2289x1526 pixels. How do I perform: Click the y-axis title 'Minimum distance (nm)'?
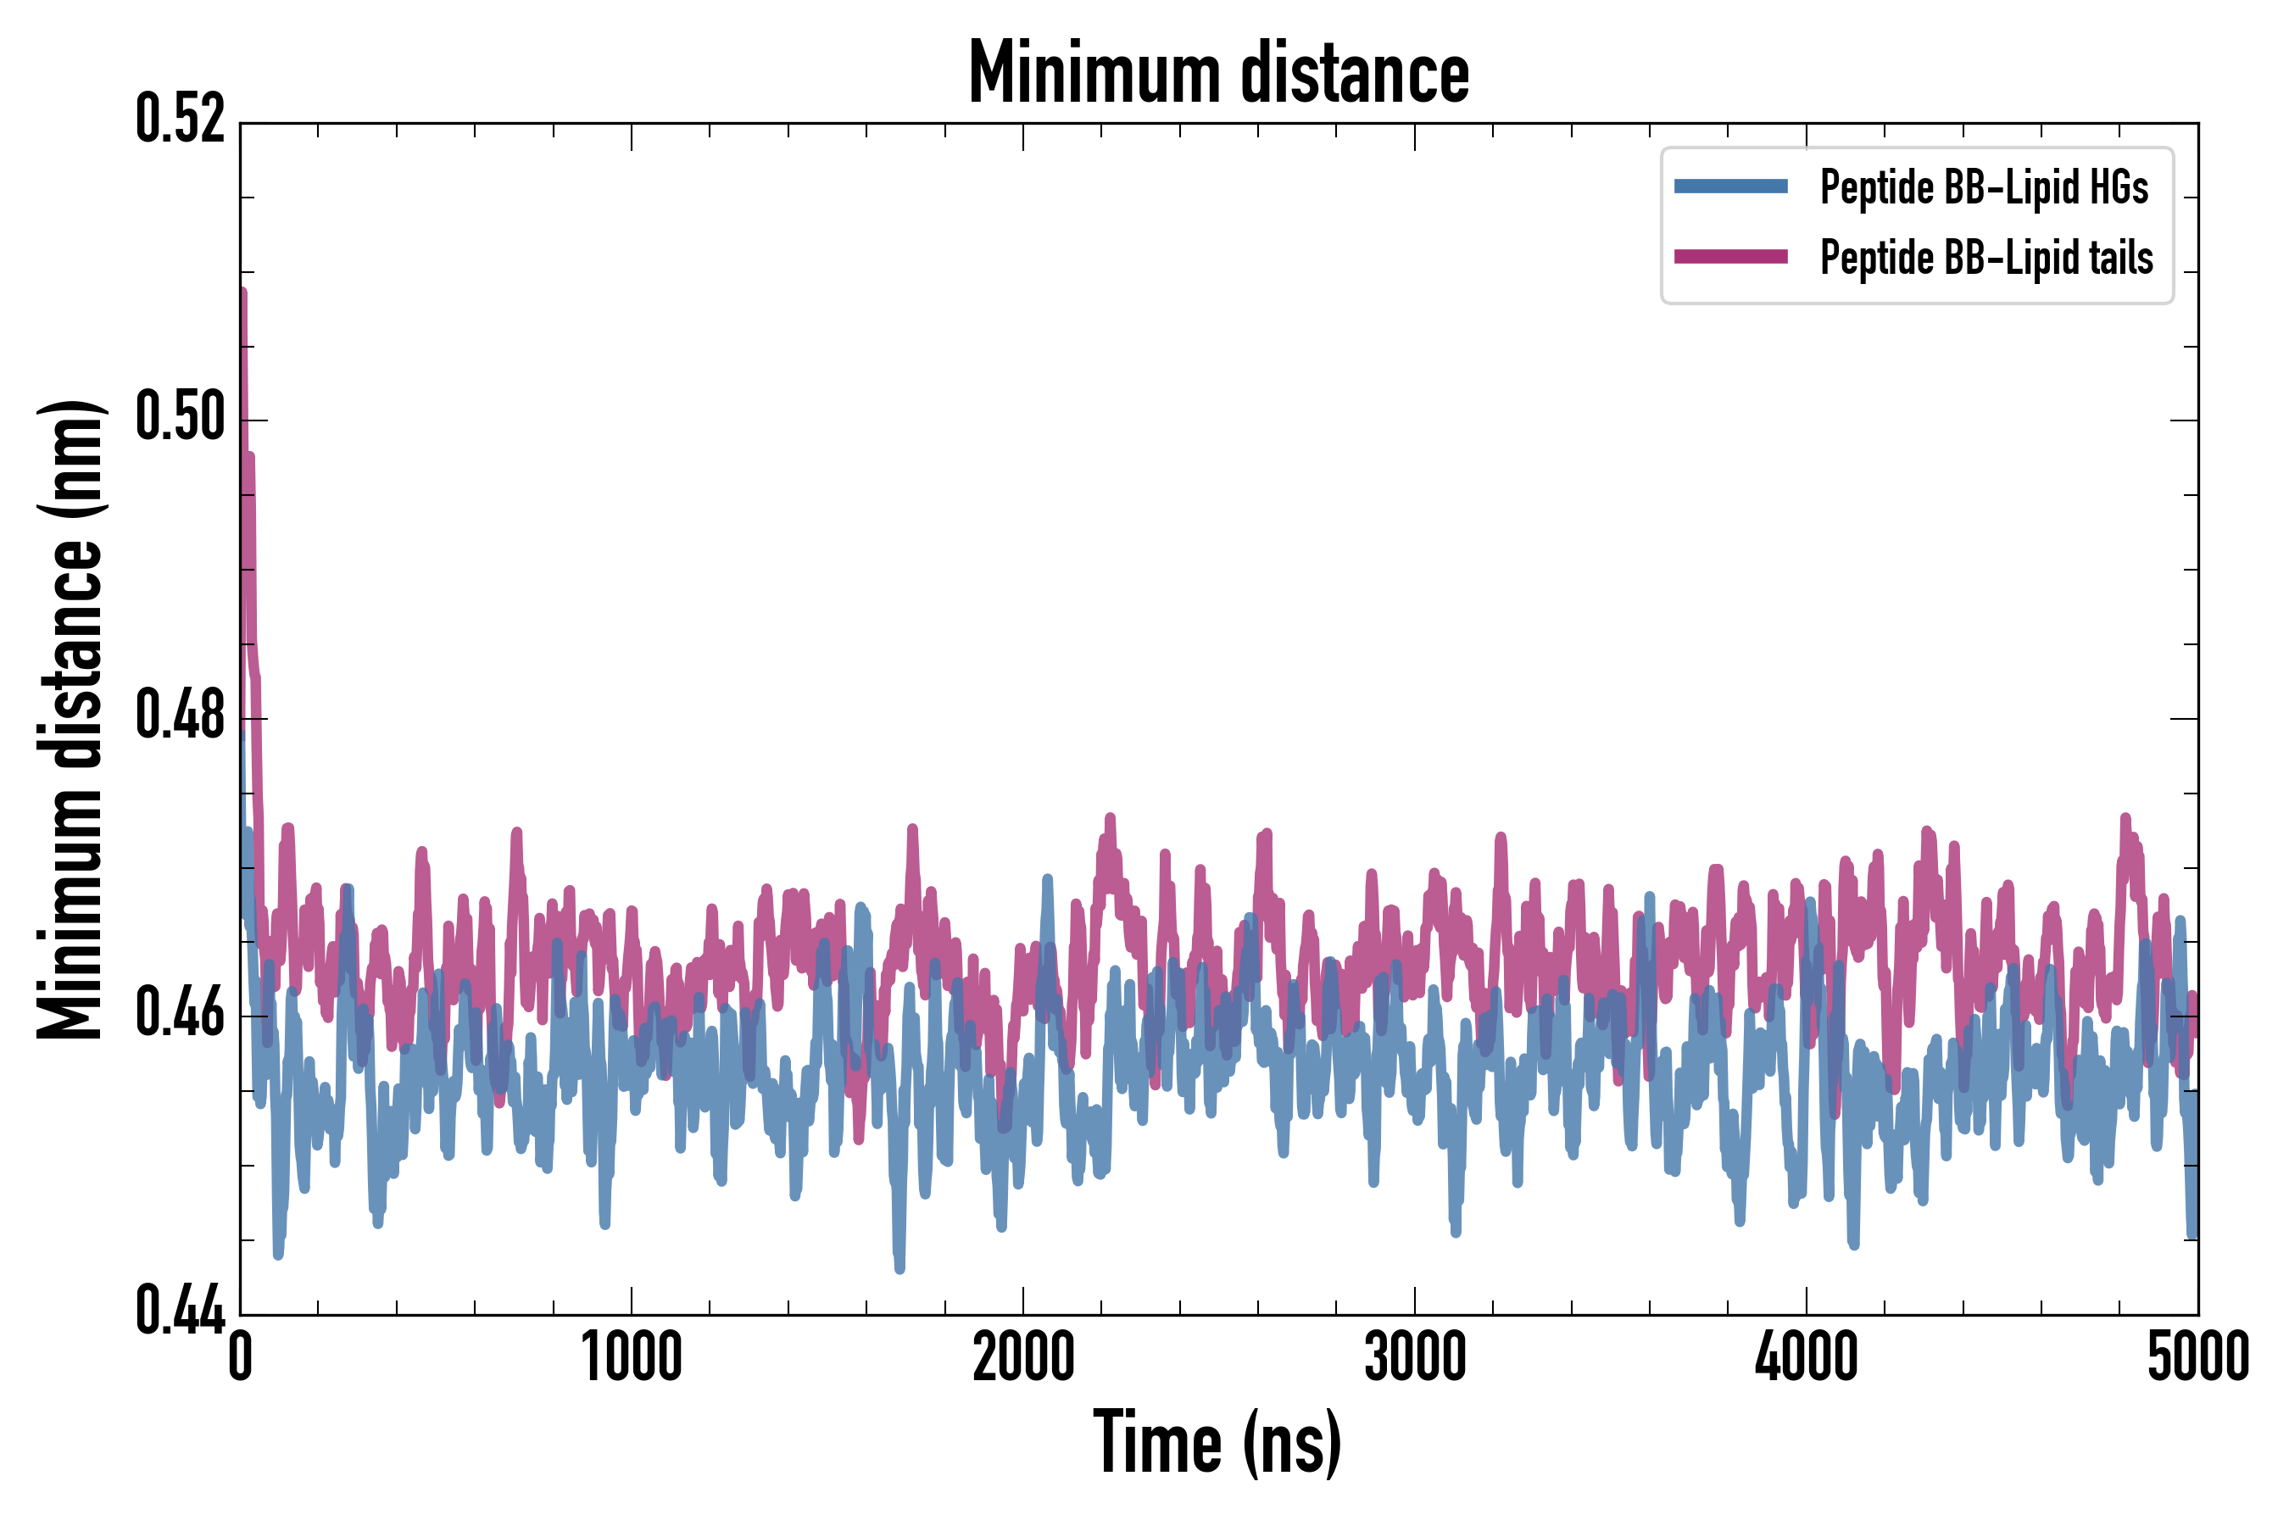pos(70,719)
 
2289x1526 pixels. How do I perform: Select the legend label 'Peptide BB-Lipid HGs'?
pos(1984,187)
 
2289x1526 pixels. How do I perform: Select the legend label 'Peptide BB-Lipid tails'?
pos(1986,258)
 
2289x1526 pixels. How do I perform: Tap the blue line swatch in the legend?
pos(1730,187)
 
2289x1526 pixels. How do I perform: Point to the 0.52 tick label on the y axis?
pos(180,120)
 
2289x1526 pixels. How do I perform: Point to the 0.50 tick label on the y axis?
pos(180,417)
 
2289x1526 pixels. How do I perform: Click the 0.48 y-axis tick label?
pos(180,716)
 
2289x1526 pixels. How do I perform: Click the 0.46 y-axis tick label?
pos(180,1014)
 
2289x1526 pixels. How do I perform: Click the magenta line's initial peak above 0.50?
pos(242,294)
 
